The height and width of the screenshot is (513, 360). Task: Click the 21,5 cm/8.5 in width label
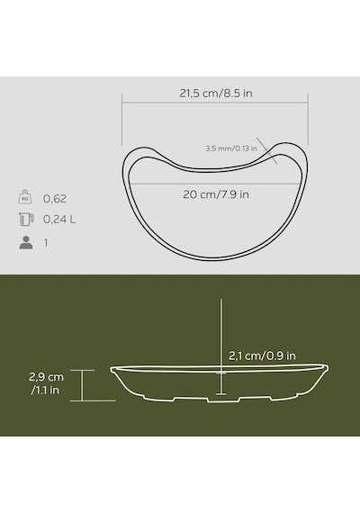click(216, 94)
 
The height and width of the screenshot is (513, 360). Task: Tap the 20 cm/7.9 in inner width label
click(216, 194)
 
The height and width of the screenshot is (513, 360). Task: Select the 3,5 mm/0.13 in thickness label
click(231, 148)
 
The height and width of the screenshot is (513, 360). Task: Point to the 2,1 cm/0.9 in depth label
click(262, 355)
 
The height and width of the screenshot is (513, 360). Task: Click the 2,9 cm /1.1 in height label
click(46, 383)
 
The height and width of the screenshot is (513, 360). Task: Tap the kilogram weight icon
click(25, 196)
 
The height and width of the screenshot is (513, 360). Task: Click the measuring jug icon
click(26, 220)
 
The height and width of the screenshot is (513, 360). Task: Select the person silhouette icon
click(26, 242)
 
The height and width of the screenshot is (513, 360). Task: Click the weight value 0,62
click(55, 199)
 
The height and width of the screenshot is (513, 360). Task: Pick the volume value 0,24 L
click(59, 220)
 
